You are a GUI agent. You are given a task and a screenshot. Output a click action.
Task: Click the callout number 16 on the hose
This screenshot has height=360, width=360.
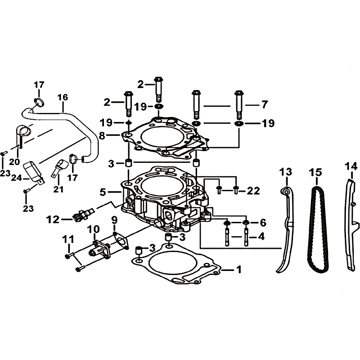63,97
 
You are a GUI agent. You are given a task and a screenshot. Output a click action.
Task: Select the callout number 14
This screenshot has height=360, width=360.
351,166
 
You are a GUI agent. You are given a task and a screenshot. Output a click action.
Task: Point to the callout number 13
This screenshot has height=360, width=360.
286,172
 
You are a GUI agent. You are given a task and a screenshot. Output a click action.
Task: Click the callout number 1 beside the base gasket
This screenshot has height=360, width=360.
239,270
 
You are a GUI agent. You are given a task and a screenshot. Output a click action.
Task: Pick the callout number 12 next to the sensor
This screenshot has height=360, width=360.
53,220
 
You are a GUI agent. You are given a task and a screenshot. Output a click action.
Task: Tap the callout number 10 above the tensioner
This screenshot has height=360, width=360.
94,229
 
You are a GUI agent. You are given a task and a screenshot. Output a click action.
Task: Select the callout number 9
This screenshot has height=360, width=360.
114,220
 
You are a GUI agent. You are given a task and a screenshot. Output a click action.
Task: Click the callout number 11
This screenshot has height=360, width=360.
68,239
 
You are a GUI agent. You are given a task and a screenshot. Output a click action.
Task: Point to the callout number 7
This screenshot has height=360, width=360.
265,105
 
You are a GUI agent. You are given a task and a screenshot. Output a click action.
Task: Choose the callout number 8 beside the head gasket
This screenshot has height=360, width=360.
102,136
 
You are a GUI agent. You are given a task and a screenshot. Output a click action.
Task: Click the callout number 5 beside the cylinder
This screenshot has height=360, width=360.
103,192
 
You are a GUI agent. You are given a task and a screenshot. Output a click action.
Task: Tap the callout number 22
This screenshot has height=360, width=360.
253,191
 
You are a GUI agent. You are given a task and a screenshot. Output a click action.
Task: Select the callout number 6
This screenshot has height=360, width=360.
263,223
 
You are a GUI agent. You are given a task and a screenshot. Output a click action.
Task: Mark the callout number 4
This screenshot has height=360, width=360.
261,237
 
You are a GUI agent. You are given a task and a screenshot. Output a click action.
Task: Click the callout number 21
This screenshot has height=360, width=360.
58,189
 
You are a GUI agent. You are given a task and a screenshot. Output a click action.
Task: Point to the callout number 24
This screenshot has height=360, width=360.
17,178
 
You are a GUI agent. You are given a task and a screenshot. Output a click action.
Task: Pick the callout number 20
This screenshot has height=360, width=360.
14,162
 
